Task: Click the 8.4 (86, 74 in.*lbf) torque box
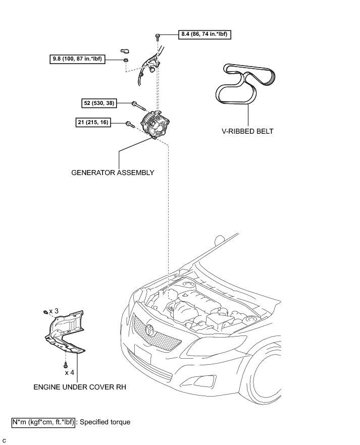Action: [x=205, y=35]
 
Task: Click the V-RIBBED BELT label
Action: [x=247, y=131]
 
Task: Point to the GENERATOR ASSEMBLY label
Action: [x=113, y=172]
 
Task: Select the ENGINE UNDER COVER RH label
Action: [x=80, y=387]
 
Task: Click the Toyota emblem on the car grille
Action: [x=151, y=330]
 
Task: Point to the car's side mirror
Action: [x=220, y=239]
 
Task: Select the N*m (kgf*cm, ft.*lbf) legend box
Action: [x=44, y=422]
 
